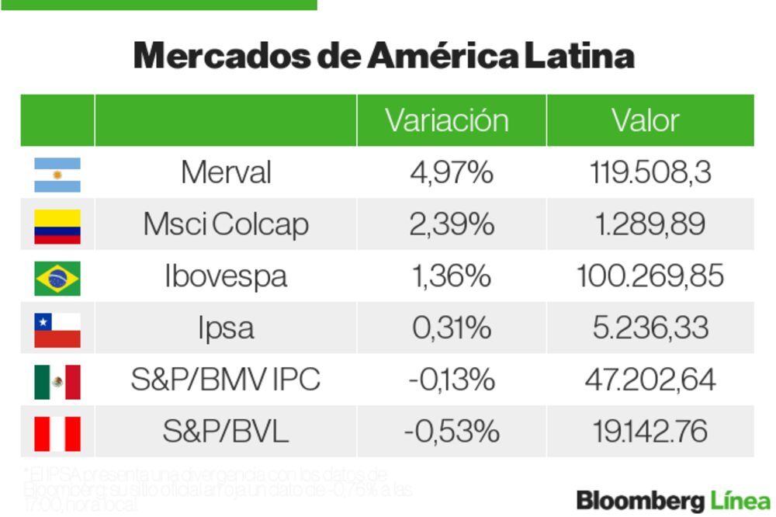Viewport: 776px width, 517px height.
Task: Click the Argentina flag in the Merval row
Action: [x=57, y=174]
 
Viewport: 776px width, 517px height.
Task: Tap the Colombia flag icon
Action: [x=57, y=226]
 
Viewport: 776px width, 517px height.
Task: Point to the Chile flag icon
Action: [x=57, y=329]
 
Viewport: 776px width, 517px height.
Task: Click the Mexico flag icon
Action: [x=57, y=381]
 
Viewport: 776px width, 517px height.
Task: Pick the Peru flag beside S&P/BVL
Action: [x=57, y=433]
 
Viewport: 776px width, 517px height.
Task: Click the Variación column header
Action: [x=447, y=120]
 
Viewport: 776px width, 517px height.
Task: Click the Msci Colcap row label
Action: [x=226, y=224]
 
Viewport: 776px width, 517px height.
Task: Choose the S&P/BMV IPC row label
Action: [x=226, y=380]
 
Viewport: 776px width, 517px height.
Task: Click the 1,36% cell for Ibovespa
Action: [x=452, y=276]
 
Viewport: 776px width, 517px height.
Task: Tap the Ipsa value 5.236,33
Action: [x=650, y=328]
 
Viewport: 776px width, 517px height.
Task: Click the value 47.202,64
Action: [x=650, y=380]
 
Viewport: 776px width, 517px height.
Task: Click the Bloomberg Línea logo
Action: [x=673, y=500]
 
